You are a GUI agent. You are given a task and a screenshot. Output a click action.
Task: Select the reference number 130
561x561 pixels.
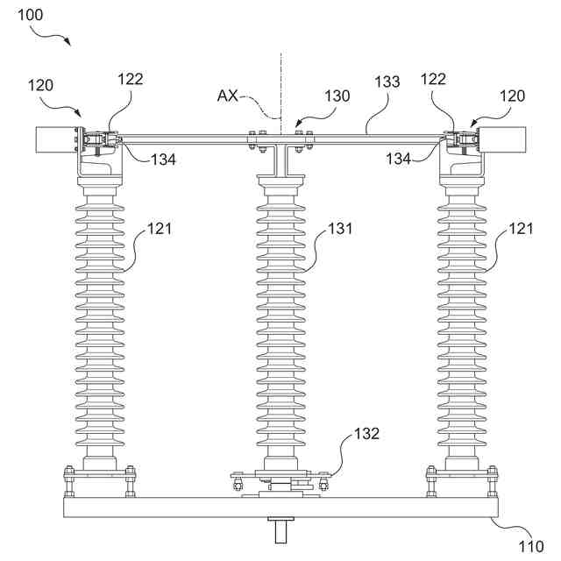pos(337,96)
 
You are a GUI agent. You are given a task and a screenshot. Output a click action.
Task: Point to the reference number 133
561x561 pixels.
pos(386,82)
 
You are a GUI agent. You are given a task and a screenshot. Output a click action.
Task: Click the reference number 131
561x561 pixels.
pos(340,229)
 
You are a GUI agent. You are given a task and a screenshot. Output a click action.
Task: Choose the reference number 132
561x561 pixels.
pos(366,434)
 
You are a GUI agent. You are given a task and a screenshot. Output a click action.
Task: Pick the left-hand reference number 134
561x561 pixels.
pos(162,159)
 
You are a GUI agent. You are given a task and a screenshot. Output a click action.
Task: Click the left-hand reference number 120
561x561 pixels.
pos(39,86)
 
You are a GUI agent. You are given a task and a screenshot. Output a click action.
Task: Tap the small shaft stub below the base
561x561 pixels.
pos(281,530)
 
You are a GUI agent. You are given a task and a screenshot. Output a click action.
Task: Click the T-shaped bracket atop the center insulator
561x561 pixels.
pos(280,159)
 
